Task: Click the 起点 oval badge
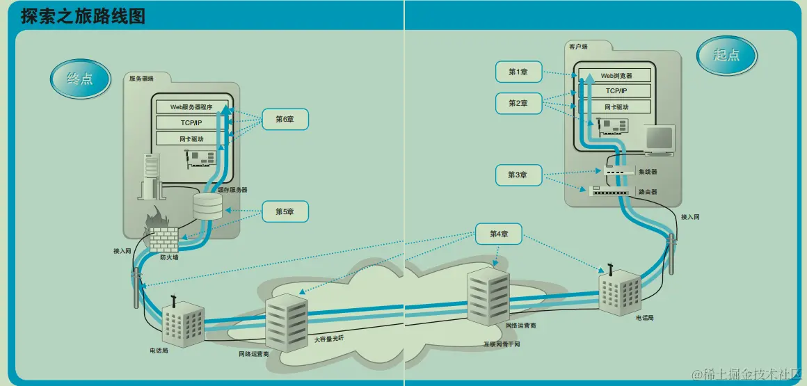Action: coord(726,56)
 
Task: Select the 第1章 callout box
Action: coord(518,72)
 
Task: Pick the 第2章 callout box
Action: coord(518,103)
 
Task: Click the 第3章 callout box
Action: coord(518,175)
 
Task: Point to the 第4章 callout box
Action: coord(500,234)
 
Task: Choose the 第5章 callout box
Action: coord(285,211)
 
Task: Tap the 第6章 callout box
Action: coord(285,120)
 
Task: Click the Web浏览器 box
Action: coord(616,75)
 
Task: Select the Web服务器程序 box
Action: coord(191,107)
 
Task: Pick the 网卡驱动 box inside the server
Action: coord(191,139)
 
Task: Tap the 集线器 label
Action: coord(648,172)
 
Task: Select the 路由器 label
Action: coord(648,191)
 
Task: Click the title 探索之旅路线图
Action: coord(83,16)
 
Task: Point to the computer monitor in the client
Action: coord(658,139)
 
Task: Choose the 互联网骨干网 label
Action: coord(502,344)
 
